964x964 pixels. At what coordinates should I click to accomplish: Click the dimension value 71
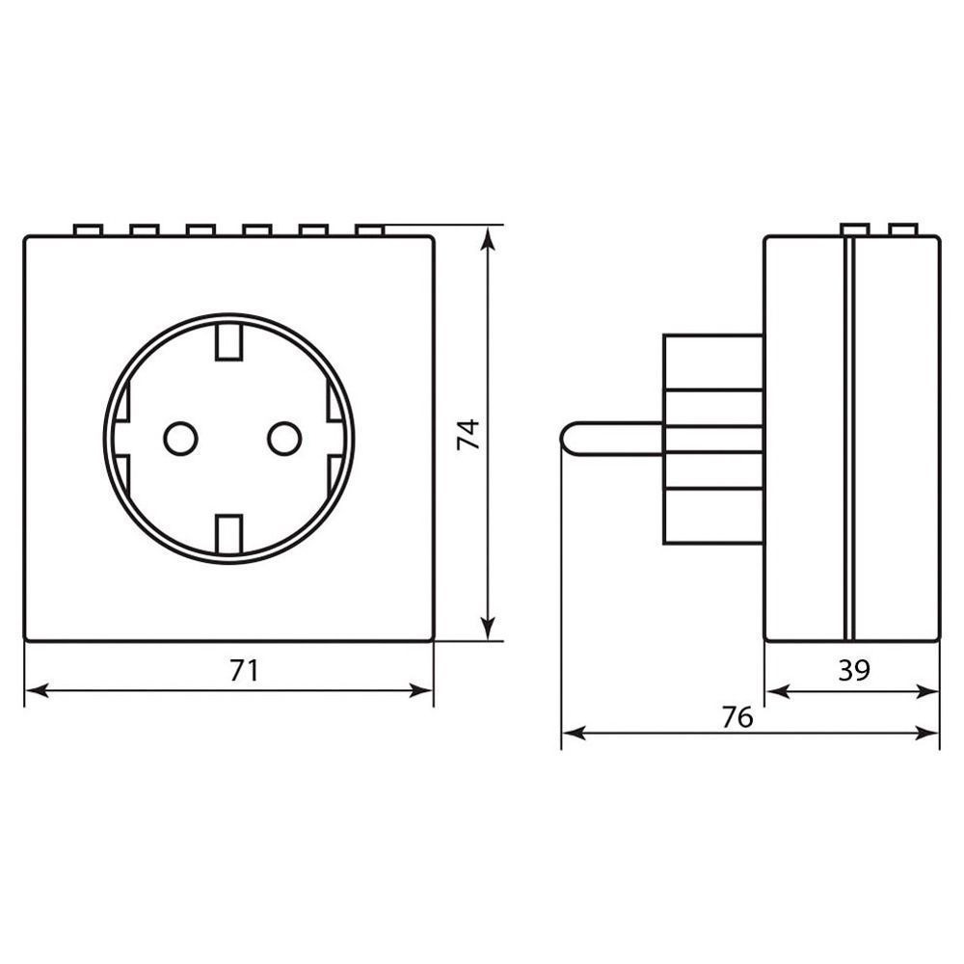[244, 670]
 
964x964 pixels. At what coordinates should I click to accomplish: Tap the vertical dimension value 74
[469, 435]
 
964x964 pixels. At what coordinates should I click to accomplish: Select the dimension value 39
[854, 670]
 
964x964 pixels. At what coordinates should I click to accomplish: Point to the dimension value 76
[737, 717]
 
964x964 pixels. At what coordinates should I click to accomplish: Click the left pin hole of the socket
[181, 439]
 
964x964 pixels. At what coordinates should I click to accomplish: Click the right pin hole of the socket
[284, 439]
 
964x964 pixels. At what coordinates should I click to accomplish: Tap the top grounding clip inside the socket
[229, 340]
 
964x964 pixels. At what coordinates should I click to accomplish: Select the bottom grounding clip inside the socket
[229, 534]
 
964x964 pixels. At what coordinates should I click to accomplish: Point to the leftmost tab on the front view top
[88, 230]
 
